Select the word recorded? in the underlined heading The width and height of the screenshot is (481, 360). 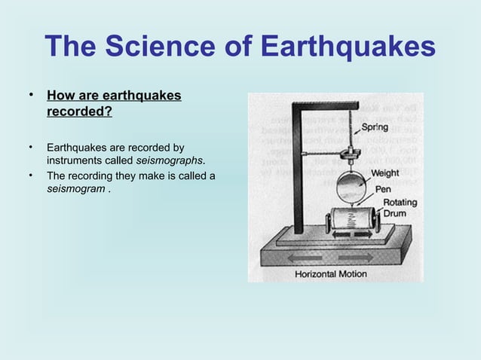click(x=80, y=112)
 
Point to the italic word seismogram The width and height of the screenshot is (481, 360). click(x=75, y=189)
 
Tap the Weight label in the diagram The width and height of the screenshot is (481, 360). click(x=390, y=172)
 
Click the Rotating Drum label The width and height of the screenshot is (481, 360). click(x=398, y=208)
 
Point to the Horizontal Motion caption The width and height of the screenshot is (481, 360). click(x=330, y=274)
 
